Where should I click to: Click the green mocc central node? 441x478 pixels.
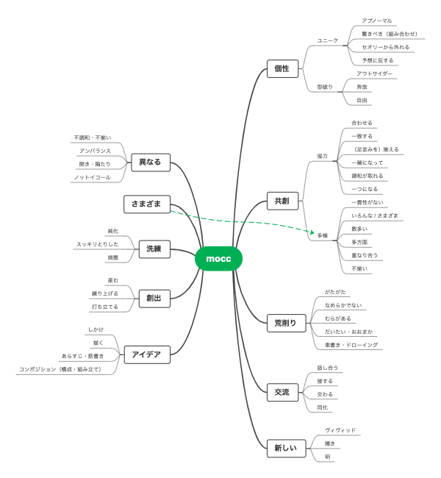(x=218, y=259)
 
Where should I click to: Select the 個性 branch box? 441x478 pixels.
(x=282, y=69)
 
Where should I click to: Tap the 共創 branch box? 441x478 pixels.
(x=282, y=201)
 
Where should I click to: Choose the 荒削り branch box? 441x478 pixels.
(x=286, y=321)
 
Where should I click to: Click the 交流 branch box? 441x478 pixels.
(x=282, y=392)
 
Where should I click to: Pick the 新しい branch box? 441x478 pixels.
(x=286, y=448)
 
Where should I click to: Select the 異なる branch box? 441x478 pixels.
(x=149, y=162)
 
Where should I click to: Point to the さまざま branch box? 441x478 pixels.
(x=147, y=204)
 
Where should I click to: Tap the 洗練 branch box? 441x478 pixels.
(x=154, y=249)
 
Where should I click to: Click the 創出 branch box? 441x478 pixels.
(x=154, y=298)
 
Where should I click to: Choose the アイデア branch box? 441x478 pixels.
(x=146, y=354)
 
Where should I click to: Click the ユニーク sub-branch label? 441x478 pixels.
(x=327, y=40)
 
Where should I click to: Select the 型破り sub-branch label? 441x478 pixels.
(x=325, y=87)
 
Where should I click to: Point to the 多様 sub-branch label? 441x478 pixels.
(x=323, y=236)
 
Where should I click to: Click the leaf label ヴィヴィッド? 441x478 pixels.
(x=340, y=429)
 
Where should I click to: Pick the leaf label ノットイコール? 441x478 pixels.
(x=92, y=177)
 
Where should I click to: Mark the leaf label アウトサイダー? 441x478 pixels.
(x=374, y=74)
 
